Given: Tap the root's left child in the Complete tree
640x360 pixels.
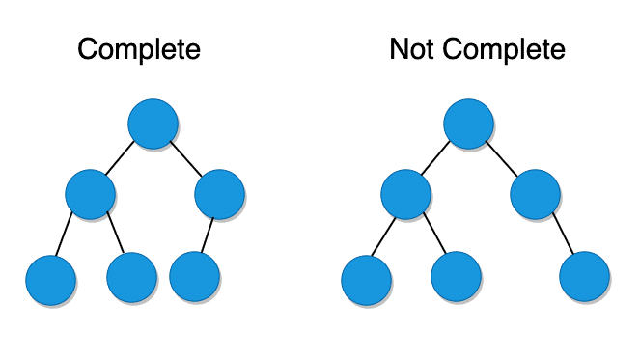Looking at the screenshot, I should click(90, 194).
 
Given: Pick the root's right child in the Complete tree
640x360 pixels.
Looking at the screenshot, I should click(219, 194).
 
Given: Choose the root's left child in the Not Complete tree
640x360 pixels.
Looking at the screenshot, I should click(405, 194).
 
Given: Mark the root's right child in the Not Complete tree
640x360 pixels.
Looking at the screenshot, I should click(535, 194).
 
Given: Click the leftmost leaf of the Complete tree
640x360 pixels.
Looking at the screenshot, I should click(51, 280).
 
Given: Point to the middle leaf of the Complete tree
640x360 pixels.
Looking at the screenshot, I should click(132, 278).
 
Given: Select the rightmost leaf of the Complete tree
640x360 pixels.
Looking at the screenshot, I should click(194, 278).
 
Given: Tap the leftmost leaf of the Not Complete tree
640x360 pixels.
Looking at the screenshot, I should click(367, 280).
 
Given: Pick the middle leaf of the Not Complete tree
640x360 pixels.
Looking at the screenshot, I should click(457, 278).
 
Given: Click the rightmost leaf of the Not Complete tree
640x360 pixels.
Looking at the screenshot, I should click(585, 278).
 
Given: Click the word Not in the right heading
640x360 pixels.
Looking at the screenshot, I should click(409, 49).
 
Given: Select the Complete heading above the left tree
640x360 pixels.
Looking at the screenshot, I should click(139, 49).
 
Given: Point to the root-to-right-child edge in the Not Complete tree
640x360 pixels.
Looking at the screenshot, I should click(502, 159).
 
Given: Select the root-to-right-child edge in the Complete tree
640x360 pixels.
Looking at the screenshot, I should click(185, 159).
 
